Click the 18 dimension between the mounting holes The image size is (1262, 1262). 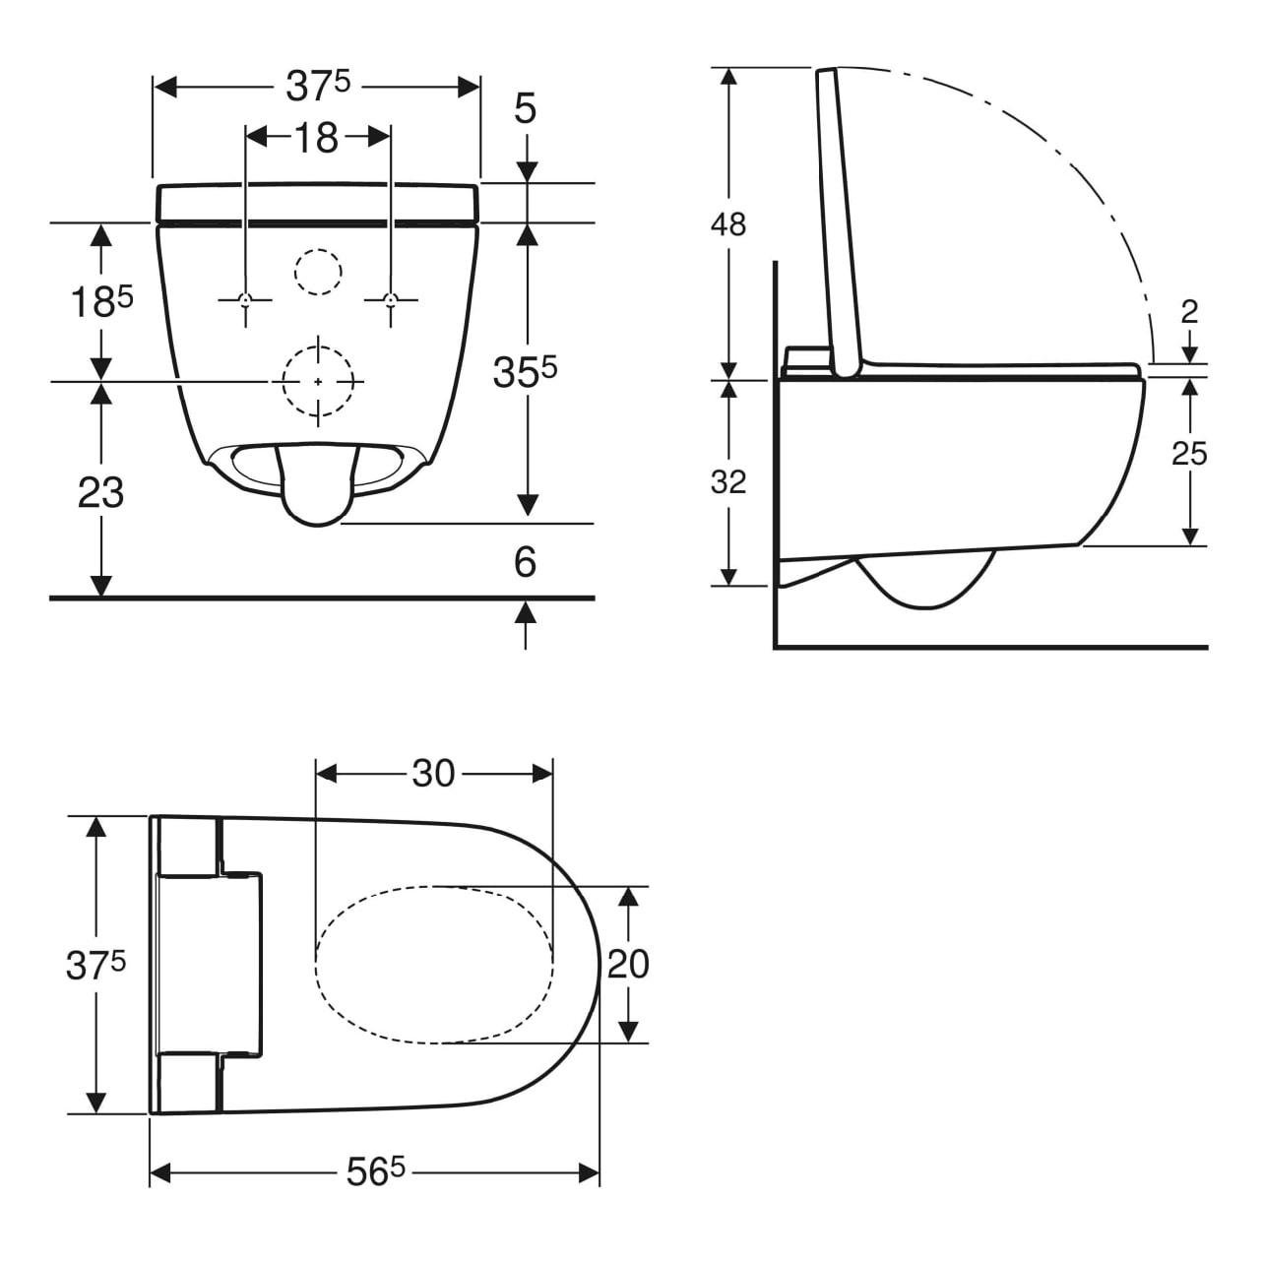(317, 138)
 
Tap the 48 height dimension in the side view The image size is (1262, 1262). (728, 224)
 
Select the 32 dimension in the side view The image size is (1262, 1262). (728, 482)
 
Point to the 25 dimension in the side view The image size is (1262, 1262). (1189, 454)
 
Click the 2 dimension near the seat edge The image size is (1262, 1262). (1189, 312)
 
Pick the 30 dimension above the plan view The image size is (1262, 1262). (433, 774)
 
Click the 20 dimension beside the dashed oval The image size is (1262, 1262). (628, 964)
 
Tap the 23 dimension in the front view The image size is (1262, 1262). (100, 492)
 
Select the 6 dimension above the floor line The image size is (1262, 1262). (526, 562)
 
